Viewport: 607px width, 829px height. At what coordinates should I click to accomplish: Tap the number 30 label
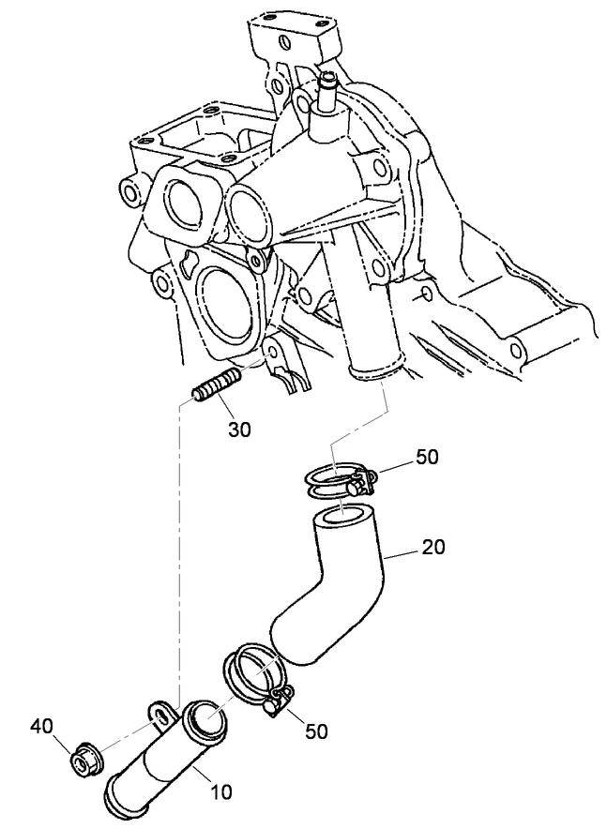pyautogui.click(x=239, y=430)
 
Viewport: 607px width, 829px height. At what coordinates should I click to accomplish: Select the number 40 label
pyautogui.click(x=42, y=727)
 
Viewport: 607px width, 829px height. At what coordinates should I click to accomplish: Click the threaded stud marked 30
pyautogui.click(x=216, y=386)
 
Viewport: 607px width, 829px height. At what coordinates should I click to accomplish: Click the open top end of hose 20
pyautogui.click(x=341, y=518)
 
